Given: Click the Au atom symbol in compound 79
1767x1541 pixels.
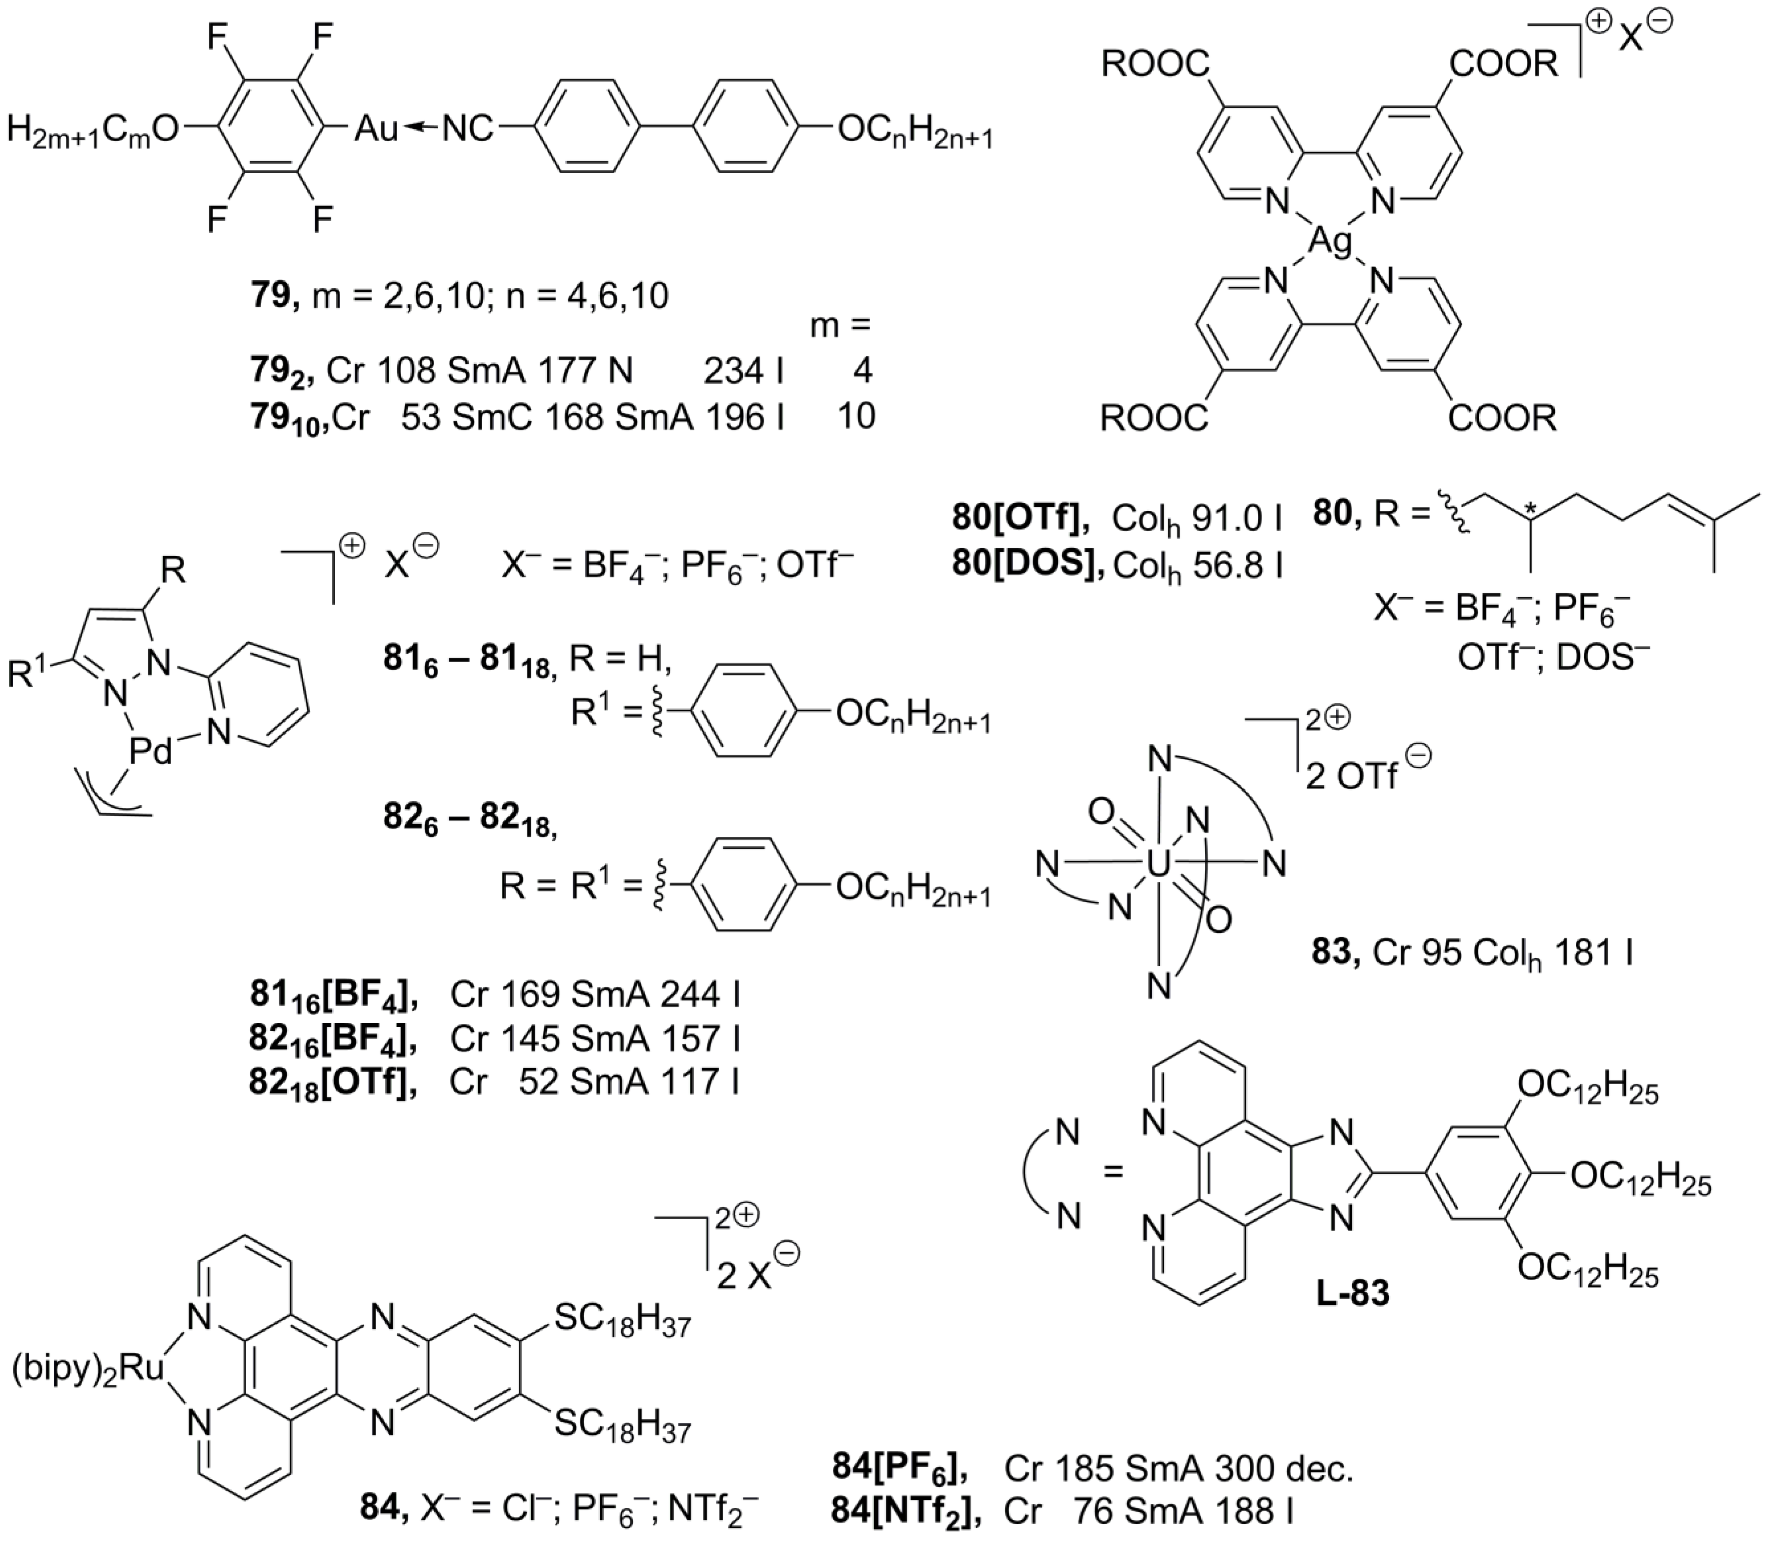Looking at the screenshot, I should (376, 129).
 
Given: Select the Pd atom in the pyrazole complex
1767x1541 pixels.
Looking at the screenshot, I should (150, 751).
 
